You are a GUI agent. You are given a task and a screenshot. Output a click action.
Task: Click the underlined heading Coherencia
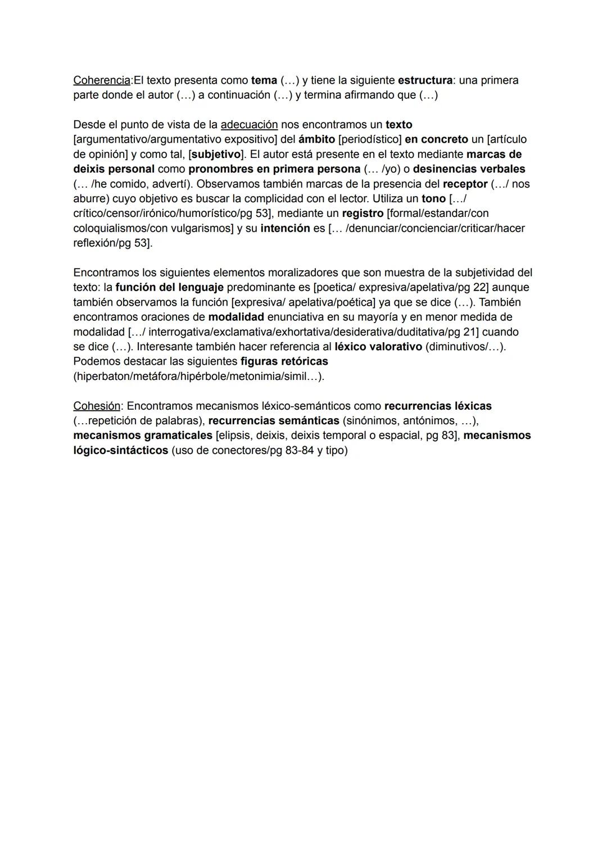pyautogui.click(x=102, y=80)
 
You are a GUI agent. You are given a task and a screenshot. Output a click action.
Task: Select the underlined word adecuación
pyautogui.click(x=249, y=125)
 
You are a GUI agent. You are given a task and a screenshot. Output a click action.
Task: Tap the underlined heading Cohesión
pyautogui.click(x=97, y=406)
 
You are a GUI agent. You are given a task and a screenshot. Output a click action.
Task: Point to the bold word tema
pyautogui.click(x=264, y=80)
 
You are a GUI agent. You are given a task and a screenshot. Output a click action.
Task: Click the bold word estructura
pyautogui.click(x=425, y=80)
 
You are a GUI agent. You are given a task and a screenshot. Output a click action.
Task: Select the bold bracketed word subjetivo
pyautogui.click(x=216, y=154)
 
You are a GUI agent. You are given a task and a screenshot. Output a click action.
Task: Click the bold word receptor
pyautogui.click(x=465, y=184)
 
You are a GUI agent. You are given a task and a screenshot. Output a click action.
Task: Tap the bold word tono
pyautogui.click(x=433, y=199)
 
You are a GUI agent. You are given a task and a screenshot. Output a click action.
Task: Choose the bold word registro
pyautogui.click(x=363, y=214)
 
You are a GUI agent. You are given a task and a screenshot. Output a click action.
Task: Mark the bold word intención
pyautogui.click(x=285, y=229)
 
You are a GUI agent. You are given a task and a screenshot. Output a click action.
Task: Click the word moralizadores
pyautogui.click(x=278, y=273)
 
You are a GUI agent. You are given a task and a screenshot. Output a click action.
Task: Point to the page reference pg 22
pyautogui.click(x=472, y=288)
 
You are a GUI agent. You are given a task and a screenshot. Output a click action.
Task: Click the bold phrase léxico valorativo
pyautogui.click(x=378, y=347)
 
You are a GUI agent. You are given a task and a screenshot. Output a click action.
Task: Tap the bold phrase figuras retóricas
pyautogui.click(x=284, y=361)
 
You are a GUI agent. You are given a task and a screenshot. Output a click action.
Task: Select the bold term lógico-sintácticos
pyautogui.click(x=120, y=451)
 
